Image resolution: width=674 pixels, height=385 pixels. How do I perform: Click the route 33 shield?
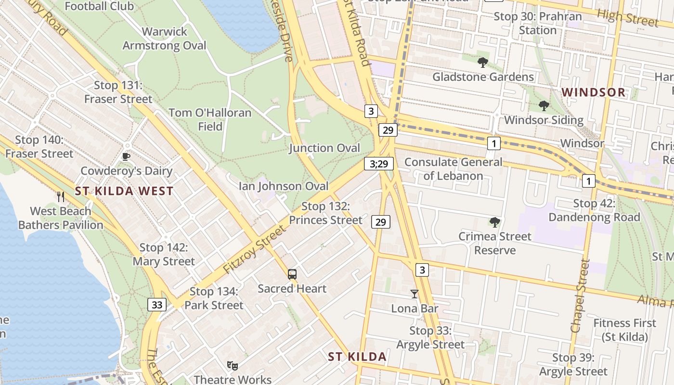pyautogui.click(x=157, y=304)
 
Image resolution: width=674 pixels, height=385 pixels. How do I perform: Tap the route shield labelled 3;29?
pyautogui.click(x=379, y=164)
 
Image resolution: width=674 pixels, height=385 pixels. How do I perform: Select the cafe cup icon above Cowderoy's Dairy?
pyautogui.click(x=126, y=156)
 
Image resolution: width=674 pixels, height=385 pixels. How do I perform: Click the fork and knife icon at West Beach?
pyautogui.click(x=61, y=196)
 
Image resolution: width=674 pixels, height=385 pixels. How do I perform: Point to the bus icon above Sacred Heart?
pyautogui.click(x=292, y=274)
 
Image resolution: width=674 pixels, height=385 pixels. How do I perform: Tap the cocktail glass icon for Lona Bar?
pyautogui.click(x=415, y=294)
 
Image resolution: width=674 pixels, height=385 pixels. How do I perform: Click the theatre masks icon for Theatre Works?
pyautogui.click(x=233, y=366)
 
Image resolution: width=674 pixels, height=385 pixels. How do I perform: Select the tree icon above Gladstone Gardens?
pyautogui.click(x=483, y=62)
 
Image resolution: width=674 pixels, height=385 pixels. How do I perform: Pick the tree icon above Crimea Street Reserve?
pyautogui.click(x=494, y=222)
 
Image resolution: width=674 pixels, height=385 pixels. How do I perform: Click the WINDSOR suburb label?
pyautogui.click(x=593, y=92)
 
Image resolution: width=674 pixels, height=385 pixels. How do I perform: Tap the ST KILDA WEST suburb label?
pyautogui.click(x=124, y=191)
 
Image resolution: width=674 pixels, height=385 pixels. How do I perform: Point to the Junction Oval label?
pyautogui.click(x=324, y=148)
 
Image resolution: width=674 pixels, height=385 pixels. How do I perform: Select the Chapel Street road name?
pyautogui.click(x=579, y=296)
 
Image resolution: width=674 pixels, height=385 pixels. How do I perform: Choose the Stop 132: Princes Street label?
pyautogui.click(x=325, y=213)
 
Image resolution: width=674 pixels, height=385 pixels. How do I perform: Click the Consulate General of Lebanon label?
pyautogui.click(x=453, y=169)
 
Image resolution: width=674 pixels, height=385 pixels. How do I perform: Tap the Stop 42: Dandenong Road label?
pyautogui.click(x=595, y=210)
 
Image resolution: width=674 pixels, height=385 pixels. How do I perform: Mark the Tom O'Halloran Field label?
pyautogui.click(x=210, y=119)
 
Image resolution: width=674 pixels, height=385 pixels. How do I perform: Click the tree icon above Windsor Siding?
pyautogui.click(x=544, y=105)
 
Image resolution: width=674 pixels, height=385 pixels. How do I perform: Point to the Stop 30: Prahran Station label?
pyautogui.click(x=538, y=23)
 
